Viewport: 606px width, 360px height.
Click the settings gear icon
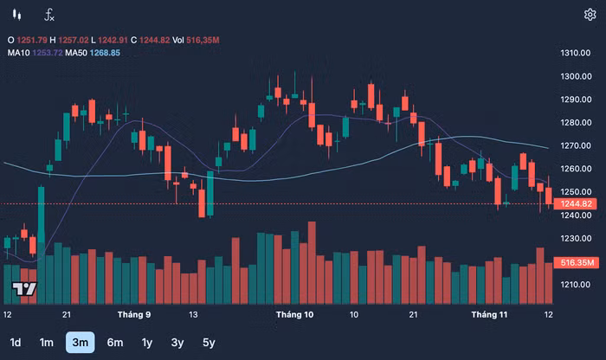(590, 14)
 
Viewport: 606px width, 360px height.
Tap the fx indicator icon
(49, 14)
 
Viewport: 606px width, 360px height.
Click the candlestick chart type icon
(16, 14)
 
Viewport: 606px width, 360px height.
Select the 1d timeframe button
(16, 342)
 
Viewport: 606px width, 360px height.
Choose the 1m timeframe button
(46, 342)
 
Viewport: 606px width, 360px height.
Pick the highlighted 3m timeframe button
(81, 342)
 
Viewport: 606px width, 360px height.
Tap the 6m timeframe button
(115, 342)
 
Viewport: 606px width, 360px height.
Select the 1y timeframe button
(147, 342)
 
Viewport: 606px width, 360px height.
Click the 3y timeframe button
(177, 342)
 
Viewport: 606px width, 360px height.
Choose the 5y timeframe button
(209, 342)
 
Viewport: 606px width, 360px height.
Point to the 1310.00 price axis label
(576, 54)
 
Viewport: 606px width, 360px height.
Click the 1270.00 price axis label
(576, 145)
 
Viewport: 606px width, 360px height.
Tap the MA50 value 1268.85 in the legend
(102, 53)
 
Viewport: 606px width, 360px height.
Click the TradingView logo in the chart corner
(25, 289)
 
